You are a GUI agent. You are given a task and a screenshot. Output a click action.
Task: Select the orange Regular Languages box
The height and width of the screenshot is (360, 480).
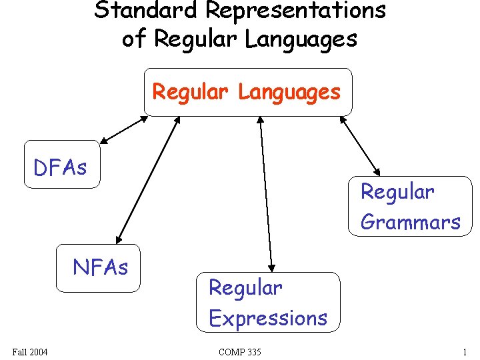click(247, 92)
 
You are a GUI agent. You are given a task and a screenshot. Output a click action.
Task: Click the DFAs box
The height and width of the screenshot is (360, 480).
click(61, 165)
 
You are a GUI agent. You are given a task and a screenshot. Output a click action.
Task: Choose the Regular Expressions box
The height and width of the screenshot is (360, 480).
click(268, 303)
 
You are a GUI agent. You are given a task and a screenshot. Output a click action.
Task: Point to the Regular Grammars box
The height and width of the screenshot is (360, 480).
click(410, 207)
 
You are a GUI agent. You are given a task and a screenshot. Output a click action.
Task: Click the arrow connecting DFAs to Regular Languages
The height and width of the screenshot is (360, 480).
click(124, 130)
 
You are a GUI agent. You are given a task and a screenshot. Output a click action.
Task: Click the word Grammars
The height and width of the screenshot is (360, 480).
click(410, 222)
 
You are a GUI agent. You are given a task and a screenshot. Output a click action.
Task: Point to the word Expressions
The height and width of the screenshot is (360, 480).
click(268, 318)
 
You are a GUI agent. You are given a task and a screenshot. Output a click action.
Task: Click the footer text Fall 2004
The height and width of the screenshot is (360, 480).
click(30, 351)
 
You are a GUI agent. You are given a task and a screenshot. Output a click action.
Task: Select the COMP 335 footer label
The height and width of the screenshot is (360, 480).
click(240, 351)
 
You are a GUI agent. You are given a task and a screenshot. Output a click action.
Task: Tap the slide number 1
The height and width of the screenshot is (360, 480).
click(464, 351)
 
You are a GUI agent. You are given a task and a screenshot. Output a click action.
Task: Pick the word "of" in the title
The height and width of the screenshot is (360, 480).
click(133, 39)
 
